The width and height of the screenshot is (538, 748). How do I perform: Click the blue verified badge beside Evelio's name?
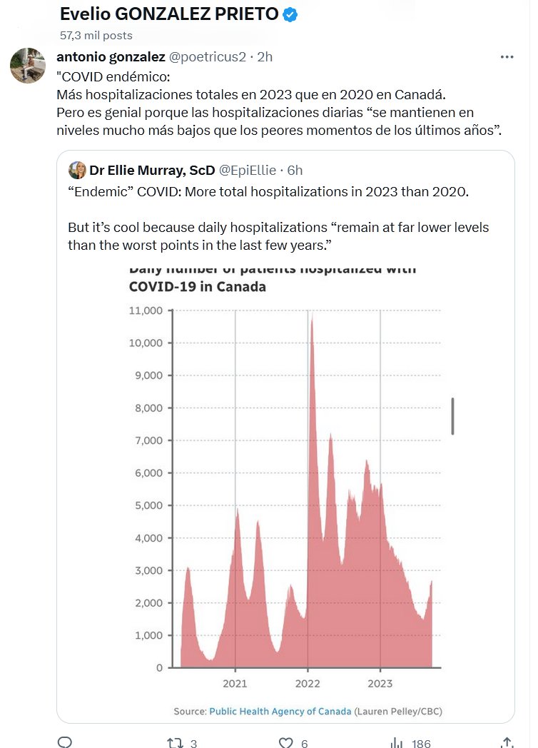290,14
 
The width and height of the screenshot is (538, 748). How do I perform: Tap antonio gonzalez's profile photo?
28,66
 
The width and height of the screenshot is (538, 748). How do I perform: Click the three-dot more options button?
507,57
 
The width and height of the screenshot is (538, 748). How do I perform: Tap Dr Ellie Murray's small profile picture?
77,170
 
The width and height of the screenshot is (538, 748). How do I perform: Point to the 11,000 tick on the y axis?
146,310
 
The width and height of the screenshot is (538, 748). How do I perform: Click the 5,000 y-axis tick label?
148,505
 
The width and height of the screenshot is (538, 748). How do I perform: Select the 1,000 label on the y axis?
148,635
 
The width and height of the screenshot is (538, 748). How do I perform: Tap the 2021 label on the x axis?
235,684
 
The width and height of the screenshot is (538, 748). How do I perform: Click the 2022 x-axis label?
308,684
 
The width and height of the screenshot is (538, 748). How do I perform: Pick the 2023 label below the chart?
380,684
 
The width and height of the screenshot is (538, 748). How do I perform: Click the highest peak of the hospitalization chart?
312,318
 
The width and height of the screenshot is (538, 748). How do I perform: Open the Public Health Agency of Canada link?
280,712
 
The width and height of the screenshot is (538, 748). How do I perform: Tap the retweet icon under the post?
174,742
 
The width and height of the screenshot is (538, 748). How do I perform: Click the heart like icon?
286,742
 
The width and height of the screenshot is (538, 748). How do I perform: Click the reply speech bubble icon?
65,742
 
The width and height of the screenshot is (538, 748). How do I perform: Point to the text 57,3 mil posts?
96,35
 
